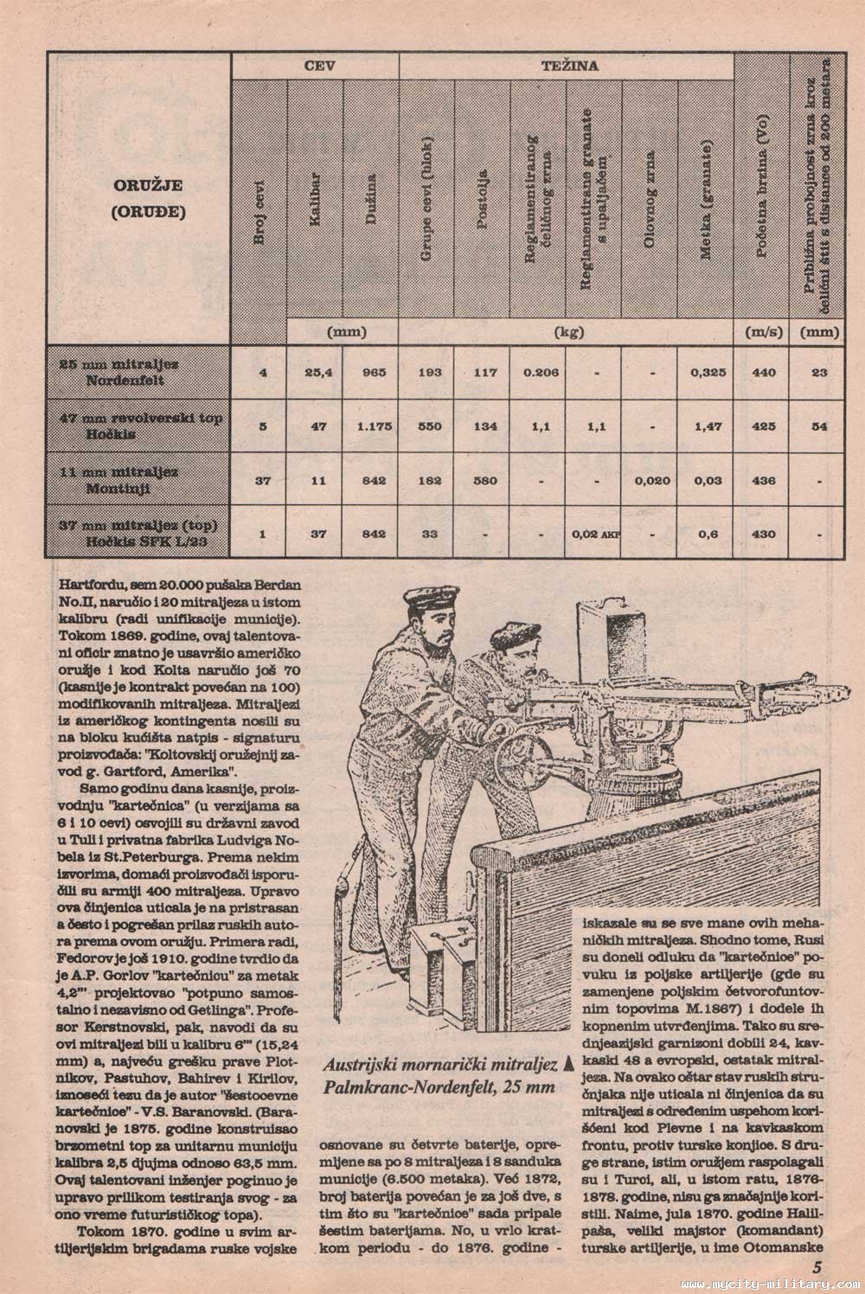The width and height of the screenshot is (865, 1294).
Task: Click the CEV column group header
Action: coord(315,66)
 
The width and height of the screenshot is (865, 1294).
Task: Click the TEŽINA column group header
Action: coord(566,66)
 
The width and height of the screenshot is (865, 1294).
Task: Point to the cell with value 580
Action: coord(482,481)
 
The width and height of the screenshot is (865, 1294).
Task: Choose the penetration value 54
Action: coord(819,426)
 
